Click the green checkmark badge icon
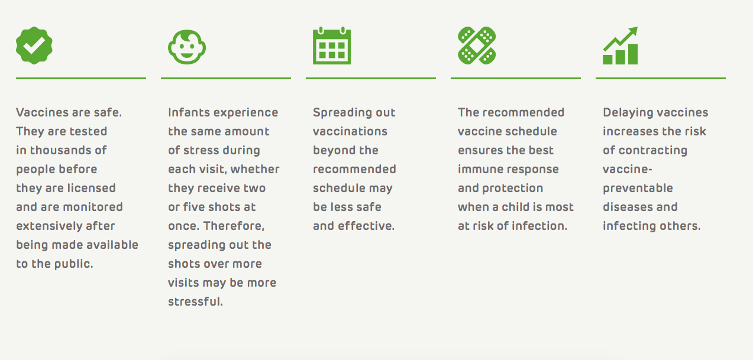[x=34, y=46]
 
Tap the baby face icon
[x=187, y=47]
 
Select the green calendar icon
[x=332, y=46]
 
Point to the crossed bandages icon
[x=477, y=46]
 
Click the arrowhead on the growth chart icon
[x=632, y=31]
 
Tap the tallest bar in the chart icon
[x=633, y=54]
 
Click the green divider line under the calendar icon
[x=371, y=78]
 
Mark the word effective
[x=366, y=226]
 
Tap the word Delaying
[x=627, y=112]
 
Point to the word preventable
[x=638, y=188]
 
